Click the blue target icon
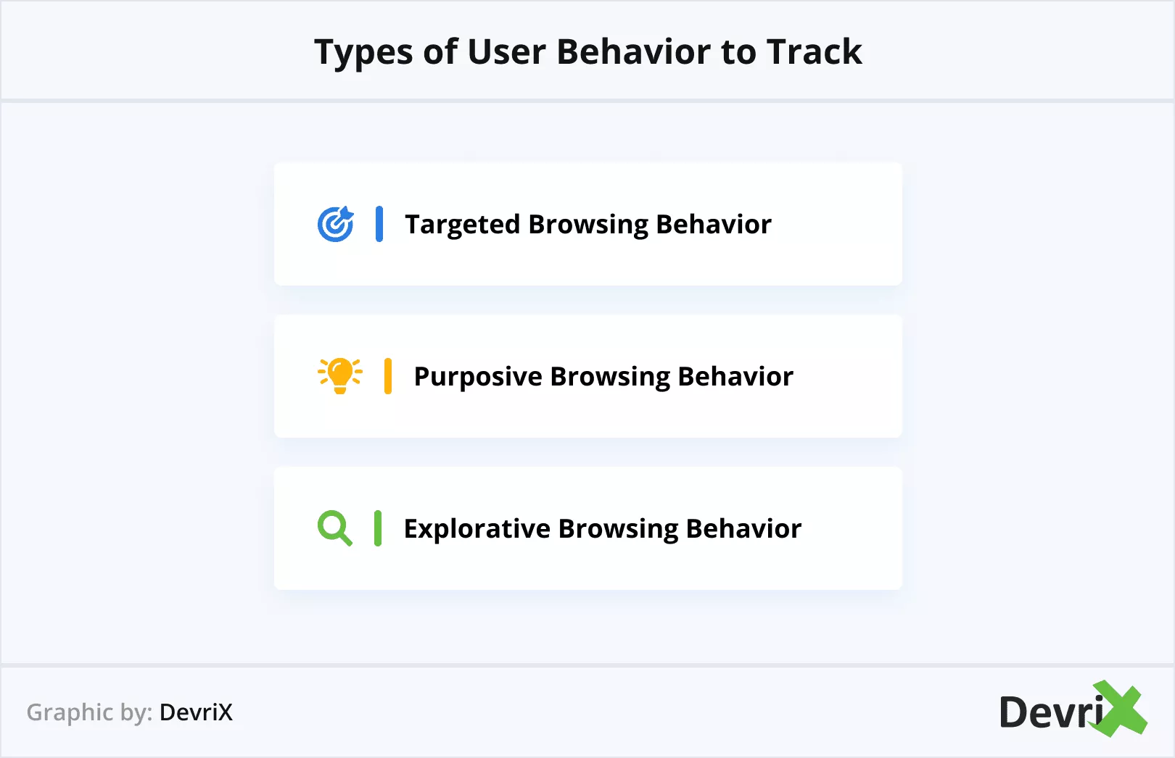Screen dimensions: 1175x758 pos(336,224)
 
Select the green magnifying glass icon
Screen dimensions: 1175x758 pos(334,528)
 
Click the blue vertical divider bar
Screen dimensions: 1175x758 pos(379,224)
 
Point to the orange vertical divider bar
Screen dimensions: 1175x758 pos(388,376)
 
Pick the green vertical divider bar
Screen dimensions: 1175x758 pos(378,528)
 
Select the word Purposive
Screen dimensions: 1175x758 pos(478,377)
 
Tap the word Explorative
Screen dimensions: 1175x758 pos(477,529)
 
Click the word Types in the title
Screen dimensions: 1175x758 pos(363,52)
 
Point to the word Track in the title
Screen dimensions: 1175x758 pos(814,51)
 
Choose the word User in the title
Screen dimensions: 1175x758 pos(506,51)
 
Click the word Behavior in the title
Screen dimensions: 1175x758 pos(634,51)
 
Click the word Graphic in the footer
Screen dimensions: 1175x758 pos(70,713)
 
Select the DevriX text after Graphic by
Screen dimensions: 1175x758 pos(196,712)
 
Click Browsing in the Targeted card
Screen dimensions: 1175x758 pos(588,225)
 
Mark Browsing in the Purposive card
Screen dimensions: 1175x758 pos(609,377)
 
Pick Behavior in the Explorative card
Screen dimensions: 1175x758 pos(743,528)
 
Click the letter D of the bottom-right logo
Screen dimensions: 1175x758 pos(1015,712)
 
